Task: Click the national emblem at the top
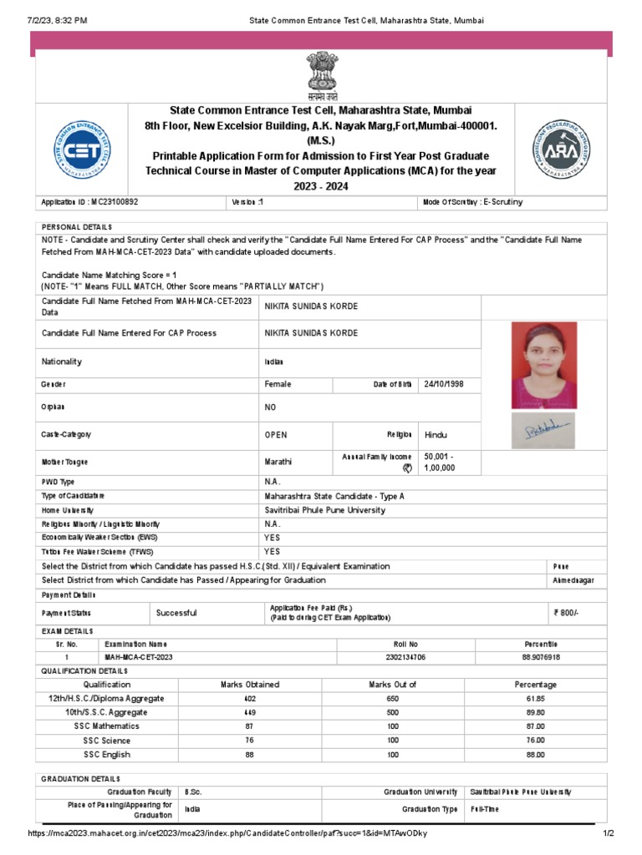[x=321, y=75]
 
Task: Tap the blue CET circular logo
[x=81, y=149]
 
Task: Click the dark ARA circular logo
[x=561, y=149]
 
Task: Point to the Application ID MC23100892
[x=90, y=202]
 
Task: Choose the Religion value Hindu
[x=436, y=435]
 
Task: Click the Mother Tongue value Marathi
[x=278, y=462]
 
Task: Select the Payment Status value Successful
[x=176, y=613]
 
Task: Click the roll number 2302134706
[x=405, y=657]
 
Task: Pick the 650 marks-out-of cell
[x=392, y=698]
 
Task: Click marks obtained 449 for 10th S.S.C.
[x=249, y=712]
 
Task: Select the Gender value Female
[x=278, y=384]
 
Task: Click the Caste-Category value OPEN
[x=276, y=435]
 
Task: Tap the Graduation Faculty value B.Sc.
[x=193, y=792]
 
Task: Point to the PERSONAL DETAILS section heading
[x=77, y=227]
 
